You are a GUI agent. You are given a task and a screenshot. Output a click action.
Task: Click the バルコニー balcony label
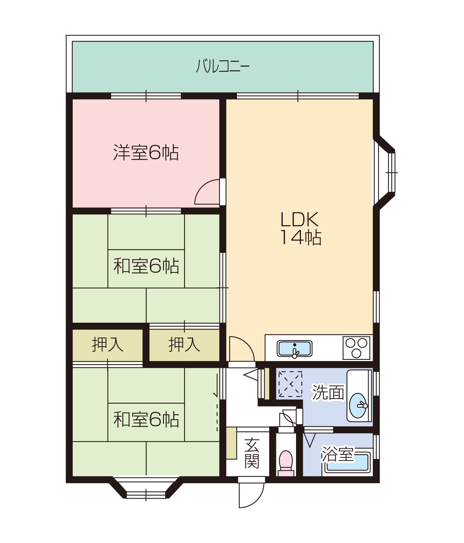tap(223, 66)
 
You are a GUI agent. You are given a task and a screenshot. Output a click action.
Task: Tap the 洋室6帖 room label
tap(146, 153)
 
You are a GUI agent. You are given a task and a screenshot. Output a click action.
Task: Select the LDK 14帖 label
tap(300, 228)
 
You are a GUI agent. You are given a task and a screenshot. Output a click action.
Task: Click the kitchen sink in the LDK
tap(294, 349)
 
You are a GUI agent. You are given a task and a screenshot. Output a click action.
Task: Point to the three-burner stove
tap(356, 348)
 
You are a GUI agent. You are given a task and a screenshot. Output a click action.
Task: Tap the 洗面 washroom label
tap(328, 392)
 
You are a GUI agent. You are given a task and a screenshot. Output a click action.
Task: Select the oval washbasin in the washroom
tap(358, 405)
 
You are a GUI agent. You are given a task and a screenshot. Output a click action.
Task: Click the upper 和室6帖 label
tap(146, 266)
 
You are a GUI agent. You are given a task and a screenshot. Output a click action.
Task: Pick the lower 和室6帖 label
tap(146, 419)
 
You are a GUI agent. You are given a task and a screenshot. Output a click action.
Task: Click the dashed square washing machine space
tap(290, 384)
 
